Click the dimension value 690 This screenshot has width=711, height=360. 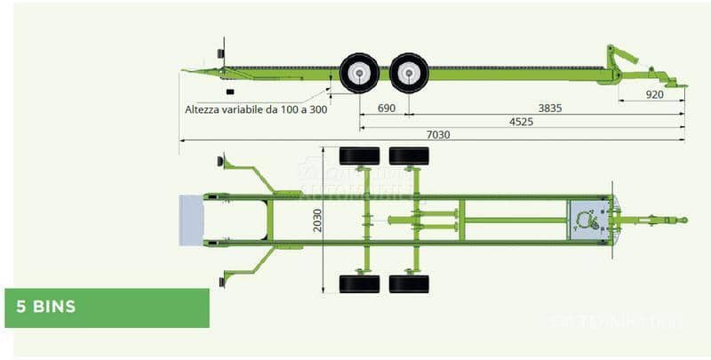pyautogui.click(x=386, y=108)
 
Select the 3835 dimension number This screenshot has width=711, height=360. pyautogui.click(x=549, y=108)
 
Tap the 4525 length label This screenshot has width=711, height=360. pyautogui.click(x=521, y=122)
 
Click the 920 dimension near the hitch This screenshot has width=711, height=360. pyautogui.click(x=654, y=93)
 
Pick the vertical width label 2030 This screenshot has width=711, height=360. pyautogui.click(x=318, y=220)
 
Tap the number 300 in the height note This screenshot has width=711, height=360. pyautogui.click(x=317, y=109)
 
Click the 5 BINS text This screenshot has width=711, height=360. pyautogui.click(x=45, y=308)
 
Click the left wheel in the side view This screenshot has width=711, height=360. pyautogui.click(x=359, y=73)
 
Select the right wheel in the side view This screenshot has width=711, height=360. pyautogui.click(x=409, y=73)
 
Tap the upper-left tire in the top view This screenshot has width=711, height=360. pyautogui.click(x=359, y=156)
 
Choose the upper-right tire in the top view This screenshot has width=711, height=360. pyautogui.click(x=409, y=156)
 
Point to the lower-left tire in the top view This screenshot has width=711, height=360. pyautogui.click(x=359, y=284)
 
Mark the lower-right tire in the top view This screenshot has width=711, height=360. pyautogui.click(x=409, y=284)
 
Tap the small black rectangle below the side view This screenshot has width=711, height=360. pyautogui.click(x=230, y=92)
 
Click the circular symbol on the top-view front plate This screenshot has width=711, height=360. pyautogui.click(x=587, y=220)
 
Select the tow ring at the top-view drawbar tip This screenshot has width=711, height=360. pyautogui.click(x=683, y=220)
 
